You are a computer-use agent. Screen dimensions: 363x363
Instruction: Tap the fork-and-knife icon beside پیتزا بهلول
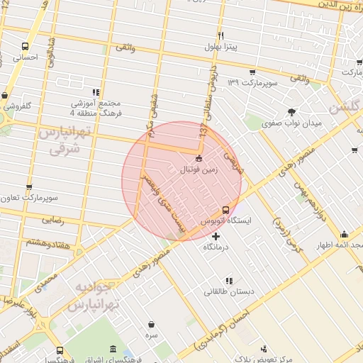221,35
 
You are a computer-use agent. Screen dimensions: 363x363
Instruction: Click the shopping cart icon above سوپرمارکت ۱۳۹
252,72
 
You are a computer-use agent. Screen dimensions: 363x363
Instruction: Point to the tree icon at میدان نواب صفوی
291,111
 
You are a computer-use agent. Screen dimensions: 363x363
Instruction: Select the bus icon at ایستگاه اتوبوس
225,210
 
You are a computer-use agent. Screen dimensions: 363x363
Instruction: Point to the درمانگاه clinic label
216,247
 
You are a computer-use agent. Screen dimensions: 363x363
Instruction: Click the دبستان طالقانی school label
228,291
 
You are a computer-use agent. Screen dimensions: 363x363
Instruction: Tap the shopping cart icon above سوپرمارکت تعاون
29,188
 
